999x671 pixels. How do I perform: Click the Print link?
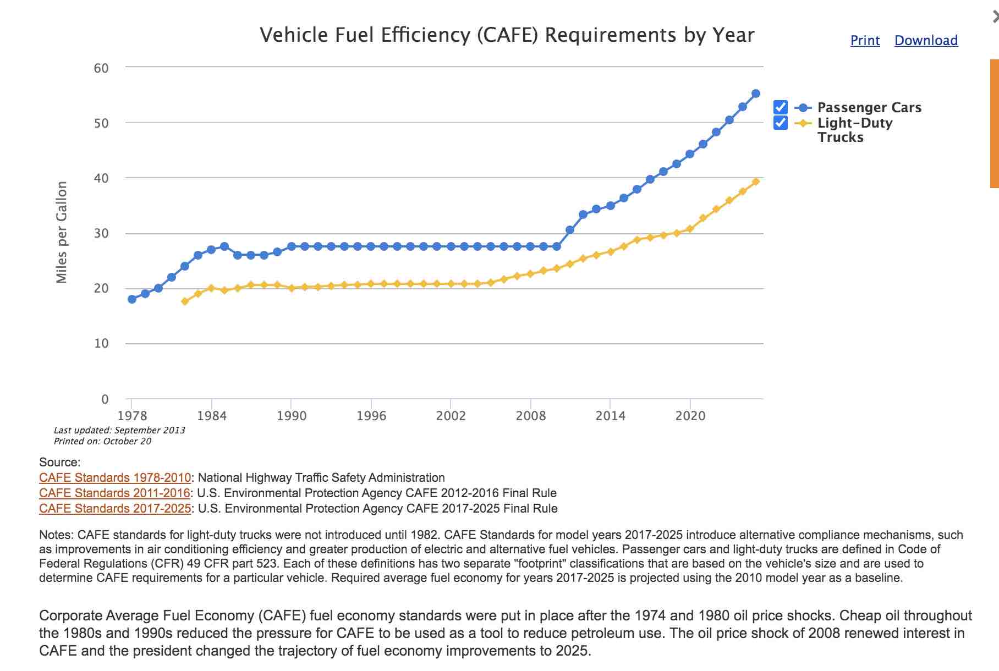pyautogui.click(x=865, y=41)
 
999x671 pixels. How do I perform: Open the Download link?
pyautogui.click(x=926, y=41)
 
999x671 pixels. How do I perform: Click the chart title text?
pyautogui.click(x=507, y=35)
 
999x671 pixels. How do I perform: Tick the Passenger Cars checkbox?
pyautogui.click(x=780, y=107)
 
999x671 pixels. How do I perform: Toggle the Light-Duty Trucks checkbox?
pyautogui.click(x=780, y=123)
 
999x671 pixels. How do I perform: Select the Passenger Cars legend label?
pyautogui.click(x=869, y=108)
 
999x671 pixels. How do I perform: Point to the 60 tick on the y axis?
pyautogui.click(x=101, y=68)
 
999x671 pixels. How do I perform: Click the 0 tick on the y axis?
pyautogui.click(x=105, y=399)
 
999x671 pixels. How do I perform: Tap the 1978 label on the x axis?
pyautogui.click(x=132, y=416)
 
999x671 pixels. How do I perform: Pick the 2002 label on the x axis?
pyautogui.click(x=451, y=416)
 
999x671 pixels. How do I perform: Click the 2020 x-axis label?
pyautogui.click(x=690, y=416)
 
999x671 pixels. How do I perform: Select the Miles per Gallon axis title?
pyautogui.click(x=62, y=233)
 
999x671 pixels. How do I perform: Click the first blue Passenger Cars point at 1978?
pyautogui.click(x=132, y=299)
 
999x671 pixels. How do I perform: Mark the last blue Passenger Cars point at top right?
pyautogui.click(x=756, y=94)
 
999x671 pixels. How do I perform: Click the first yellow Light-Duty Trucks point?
pyautogui.click(x=185, y=301)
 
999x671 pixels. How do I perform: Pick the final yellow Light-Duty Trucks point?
pyautogui.click(x=756, y=182)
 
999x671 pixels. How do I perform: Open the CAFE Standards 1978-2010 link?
pyautogui.click(x=115, y=478)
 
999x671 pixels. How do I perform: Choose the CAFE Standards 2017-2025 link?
pyautogui.click(x=115, y=509)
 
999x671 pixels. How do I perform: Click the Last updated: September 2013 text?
pyautogui.click(x=119, y=430)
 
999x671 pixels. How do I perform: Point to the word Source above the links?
pyautogui.click(x=59, y=463)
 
